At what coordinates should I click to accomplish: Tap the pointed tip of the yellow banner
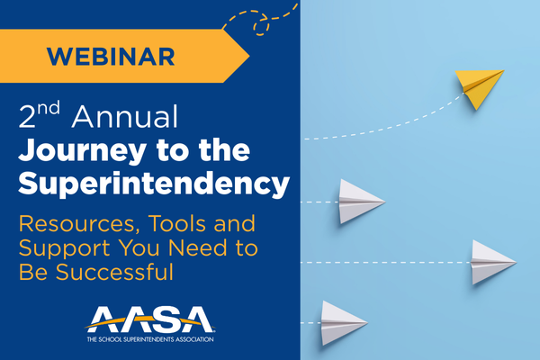pos(248,58)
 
